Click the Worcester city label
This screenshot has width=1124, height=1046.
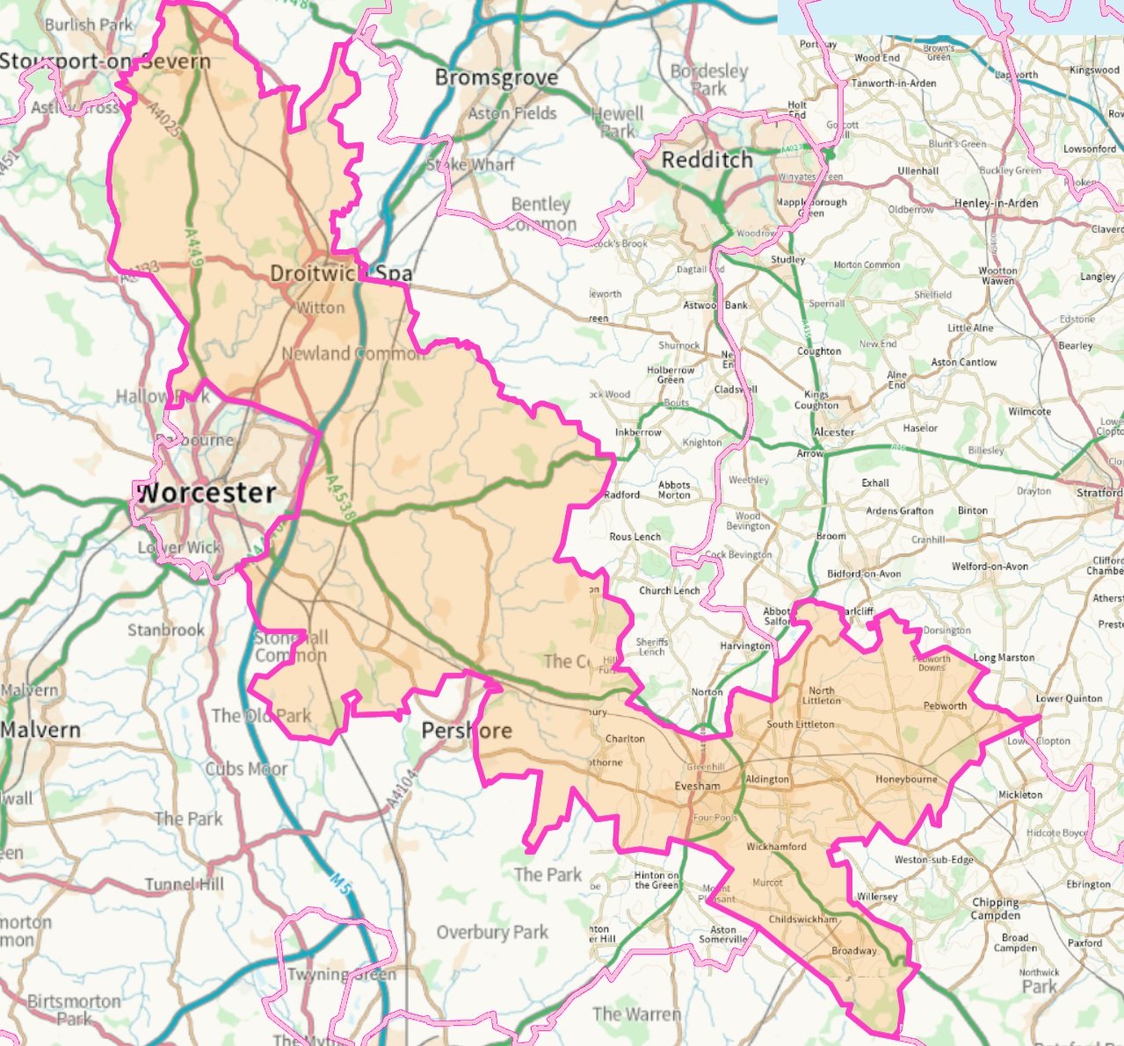pos(207,493)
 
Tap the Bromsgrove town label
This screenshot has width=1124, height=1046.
pos(497,78)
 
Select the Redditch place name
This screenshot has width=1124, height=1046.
pos(707,160)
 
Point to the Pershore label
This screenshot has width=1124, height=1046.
pos(467,731)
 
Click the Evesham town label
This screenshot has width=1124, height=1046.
pos(697,786)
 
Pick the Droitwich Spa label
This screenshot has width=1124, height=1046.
pos(340,273)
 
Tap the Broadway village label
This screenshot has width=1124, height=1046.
pos(853,950)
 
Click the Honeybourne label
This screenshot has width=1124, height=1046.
pos(906,779)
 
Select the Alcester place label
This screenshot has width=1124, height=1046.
pos(833,432)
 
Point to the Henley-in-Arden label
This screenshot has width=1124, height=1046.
pos(996,203)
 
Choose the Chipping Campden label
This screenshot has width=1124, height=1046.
pos(995,908)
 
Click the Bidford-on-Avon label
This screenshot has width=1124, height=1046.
pos(864,573)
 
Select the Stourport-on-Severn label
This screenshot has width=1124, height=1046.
pos(105,61)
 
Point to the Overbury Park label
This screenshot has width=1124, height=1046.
pos(492,932)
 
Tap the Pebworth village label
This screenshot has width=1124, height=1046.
pos(945,705)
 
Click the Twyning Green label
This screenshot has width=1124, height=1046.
pos(341,974)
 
